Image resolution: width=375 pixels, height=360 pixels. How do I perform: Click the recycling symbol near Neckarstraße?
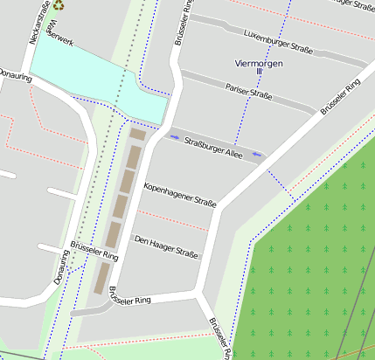tap(58, 4)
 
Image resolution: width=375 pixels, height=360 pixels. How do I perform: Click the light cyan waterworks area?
tap(87, 74)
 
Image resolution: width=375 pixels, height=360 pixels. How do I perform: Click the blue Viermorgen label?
tap(260, 63)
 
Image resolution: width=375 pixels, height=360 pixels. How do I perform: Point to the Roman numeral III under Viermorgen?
tap(260, 72)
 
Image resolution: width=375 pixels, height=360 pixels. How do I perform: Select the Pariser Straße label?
tap(249, 91)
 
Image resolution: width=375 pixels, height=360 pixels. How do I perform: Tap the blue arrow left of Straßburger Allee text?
tap(175, 136)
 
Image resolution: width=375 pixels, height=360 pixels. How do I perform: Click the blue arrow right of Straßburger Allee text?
tap(257, 154)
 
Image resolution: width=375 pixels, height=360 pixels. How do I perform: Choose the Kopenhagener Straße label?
tap(179, 195)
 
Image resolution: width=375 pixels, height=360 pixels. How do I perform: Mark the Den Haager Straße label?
tap(165, 246)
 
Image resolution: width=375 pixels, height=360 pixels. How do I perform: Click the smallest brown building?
tap(138, 135)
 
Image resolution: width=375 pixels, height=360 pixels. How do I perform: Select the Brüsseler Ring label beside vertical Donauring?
tap(94, 253)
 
